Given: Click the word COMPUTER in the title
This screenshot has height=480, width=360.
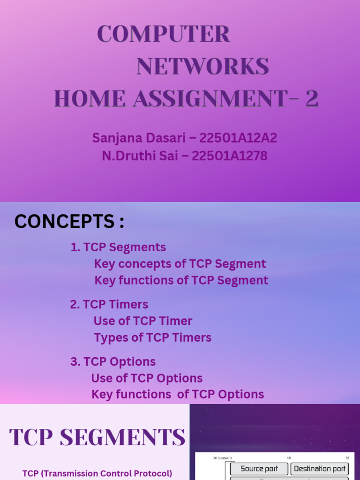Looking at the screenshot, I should pos(164,34).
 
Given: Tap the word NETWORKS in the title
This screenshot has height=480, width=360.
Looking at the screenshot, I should pos(202,67).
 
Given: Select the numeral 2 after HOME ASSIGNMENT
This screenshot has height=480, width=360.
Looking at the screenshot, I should pos(312,99).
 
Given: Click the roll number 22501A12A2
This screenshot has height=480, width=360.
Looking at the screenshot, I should pos(238,138).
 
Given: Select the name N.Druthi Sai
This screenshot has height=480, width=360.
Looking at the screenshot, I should pos(140,156).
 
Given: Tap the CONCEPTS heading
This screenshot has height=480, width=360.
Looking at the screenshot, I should pos(69,221).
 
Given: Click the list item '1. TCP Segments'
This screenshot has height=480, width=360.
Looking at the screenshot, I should pos(118,247).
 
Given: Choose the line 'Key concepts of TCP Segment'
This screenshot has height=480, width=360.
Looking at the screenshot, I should pos(180,264).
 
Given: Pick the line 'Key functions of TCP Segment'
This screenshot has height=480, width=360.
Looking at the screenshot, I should pos(181,280).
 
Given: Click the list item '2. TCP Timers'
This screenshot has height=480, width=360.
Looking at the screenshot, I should pos(109,305).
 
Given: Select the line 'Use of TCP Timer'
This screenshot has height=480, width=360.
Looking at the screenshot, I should pos(143,321).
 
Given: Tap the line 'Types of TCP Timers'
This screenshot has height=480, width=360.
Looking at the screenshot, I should pos(152,337).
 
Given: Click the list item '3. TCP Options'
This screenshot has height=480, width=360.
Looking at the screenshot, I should pos(113,362).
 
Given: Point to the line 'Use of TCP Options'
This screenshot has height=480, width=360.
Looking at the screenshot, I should pos(147,378).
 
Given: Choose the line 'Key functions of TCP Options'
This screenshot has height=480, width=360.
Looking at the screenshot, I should pos(178,395).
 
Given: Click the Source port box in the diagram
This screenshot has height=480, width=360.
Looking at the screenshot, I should pos(259,469).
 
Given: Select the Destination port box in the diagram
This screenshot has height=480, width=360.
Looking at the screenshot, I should pos(320,469).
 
